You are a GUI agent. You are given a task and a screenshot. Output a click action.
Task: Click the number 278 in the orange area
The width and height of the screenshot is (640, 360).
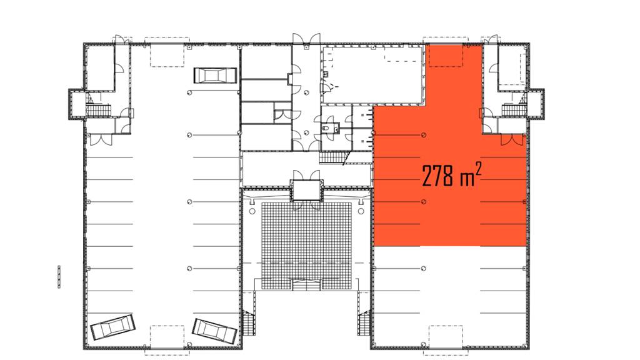pyautogui.click(x=438, y=176)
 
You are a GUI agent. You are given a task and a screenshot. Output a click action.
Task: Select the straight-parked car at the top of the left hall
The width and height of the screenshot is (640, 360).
pyautogui.click(x=215, y=76)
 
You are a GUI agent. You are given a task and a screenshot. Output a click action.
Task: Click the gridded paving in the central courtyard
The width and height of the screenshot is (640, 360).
pyautogui.click(x=306, y=246)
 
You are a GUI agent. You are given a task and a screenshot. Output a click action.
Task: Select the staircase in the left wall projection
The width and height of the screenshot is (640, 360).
pyautogui.click(x=98, y=110)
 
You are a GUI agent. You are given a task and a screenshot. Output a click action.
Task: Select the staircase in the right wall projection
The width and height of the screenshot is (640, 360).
pyautogui.click(x=514, y=110)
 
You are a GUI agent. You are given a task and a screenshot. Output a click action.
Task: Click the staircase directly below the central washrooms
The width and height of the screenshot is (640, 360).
pyautogui.click(x=332, y=157)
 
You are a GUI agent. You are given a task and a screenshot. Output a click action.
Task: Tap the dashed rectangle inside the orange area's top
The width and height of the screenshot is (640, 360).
pyautogui.click(x=446, y=55)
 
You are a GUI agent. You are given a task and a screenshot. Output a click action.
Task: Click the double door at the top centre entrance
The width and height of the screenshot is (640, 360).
pyautogui.click(x=306, y=39)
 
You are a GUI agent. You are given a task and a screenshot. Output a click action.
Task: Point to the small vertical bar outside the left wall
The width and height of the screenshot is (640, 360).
pyautogui.click(x=59, y=277)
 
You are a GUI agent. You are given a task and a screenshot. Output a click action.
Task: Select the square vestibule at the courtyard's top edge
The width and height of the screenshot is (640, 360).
pyautogui.click(x=306, y=190)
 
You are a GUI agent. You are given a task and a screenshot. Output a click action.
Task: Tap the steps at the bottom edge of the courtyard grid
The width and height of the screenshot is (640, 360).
pyautogui.click(x=306, y=284)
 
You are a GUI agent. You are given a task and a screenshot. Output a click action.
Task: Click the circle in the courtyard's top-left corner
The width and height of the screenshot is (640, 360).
pyautogui.click(x=252, y=211)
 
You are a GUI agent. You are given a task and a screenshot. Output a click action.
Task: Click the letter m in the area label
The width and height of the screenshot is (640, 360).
pyautogui.click(x=466, y=179)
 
